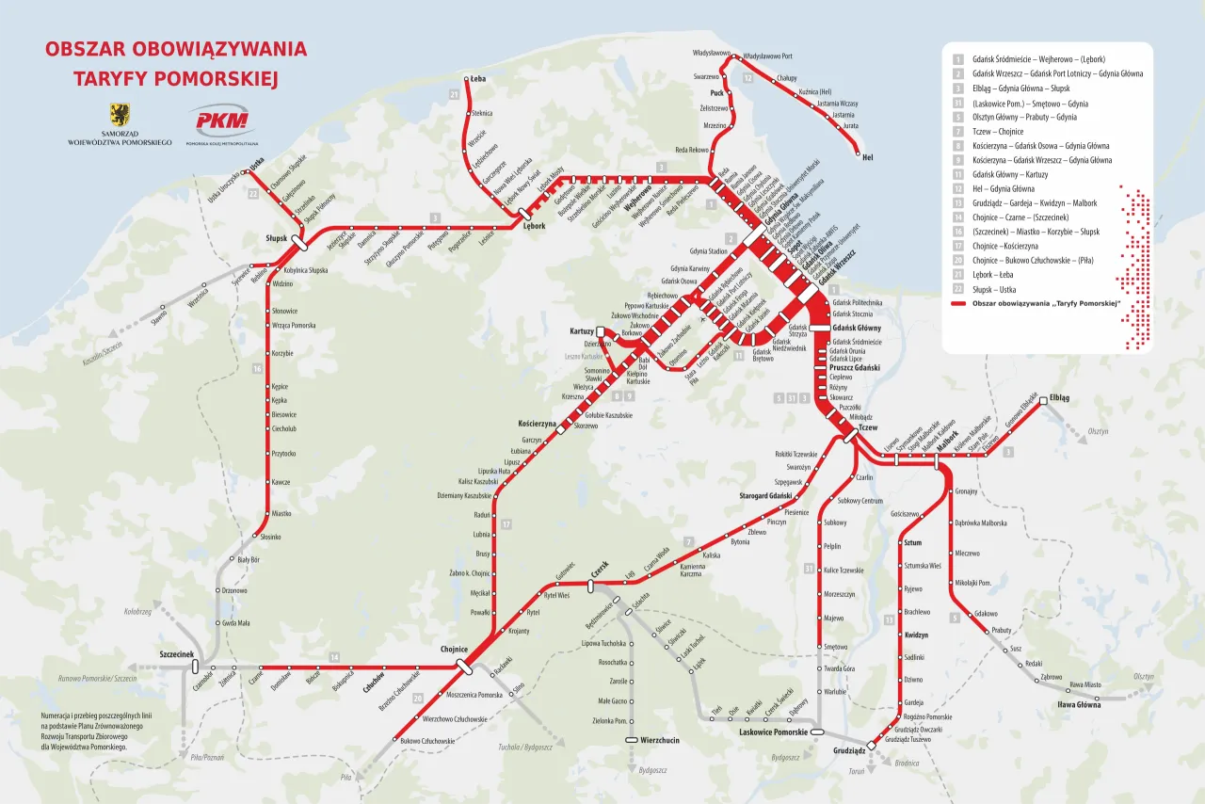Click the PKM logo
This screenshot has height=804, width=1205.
(218, 121)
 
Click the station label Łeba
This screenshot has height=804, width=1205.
(478, 79)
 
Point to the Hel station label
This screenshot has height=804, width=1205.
(867, 158)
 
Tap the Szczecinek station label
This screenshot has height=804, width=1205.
(176, 653)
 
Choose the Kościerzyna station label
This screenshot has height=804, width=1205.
(538, 424)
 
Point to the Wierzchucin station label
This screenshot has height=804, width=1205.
(659, 740)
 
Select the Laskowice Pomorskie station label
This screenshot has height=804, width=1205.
(773, 732)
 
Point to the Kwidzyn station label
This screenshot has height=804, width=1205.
(916, 635)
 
